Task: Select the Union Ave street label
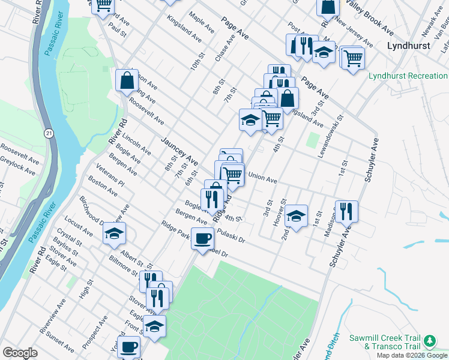[x=262, y=178]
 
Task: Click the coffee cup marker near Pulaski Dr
[x=202, y=238]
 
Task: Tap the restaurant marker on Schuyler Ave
[x=346, y=211]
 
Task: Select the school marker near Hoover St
[x=296, y=216]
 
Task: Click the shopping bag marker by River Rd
[x=128, y=80]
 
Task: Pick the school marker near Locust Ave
[x=114, y=235]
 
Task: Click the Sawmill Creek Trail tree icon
[x=429, y=341]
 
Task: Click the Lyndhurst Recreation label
[x=408, y=76]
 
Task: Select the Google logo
[x=20, y=353]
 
